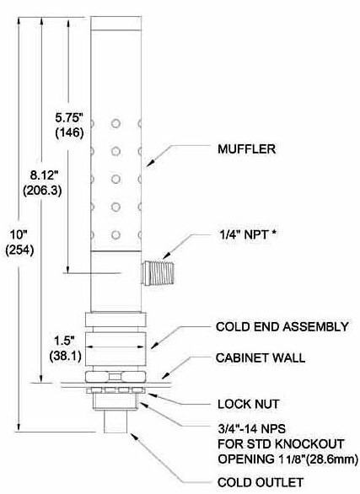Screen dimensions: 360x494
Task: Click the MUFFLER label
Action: (246, 149)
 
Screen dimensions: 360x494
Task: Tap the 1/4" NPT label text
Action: (244, 234)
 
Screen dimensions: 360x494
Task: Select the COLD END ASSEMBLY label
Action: (282, 326)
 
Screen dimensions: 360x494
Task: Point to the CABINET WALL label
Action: (261, 357)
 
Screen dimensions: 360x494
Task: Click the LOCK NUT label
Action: (248, 404)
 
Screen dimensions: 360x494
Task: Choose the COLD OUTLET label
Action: (261, 482)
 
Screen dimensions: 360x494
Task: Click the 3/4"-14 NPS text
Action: (251, 428)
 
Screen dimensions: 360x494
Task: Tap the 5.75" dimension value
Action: (69, 118)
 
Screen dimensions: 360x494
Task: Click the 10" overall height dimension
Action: (19, 234)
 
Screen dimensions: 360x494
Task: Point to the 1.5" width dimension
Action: (65, 341)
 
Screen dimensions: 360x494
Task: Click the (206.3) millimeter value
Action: (42, 190)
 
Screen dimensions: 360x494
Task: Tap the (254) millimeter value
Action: (19, 250)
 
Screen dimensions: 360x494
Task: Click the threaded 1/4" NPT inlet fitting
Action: (158, 273)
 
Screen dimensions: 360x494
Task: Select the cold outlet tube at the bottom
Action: (116, 422)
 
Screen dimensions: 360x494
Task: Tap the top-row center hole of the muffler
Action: (116, 123)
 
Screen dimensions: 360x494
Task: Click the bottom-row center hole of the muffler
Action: (116, 235)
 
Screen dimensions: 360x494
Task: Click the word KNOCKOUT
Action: (309, 444)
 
